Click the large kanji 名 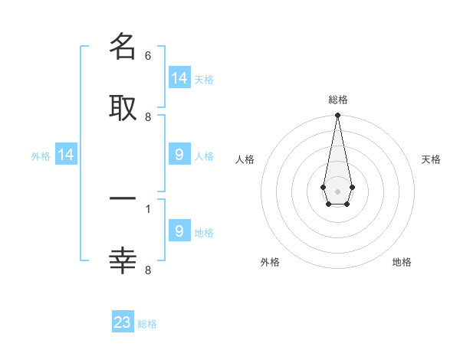coord(123,46)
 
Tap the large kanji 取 coord(123,108)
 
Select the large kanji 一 coord(123,198)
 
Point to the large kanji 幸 coord(123,260)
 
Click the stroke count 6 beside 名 coord(148,56)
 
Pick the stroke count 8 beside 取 coord(148,117)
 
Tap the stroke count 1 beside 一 coord(148,209)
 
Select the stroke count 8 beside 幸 coord(148,270)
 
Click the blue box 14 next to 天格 coord(179,77)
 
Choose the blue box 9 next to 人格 coord(179,154)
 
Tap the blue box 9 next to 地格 coord(179,230)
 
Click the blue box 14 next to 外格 coord(66,154)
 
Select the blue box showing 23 coord(123,321)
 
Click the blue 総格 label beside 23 coord(147,324)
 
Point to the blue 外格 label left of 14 coord(41,156)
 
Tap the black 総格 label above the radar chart coord(338,100)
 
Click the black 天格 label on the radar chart coord(431,159)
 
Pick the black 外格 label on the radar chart coord(270,262)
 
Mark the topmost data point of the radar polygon coord(337,115)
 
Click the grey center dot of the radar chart coord(337,191)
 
